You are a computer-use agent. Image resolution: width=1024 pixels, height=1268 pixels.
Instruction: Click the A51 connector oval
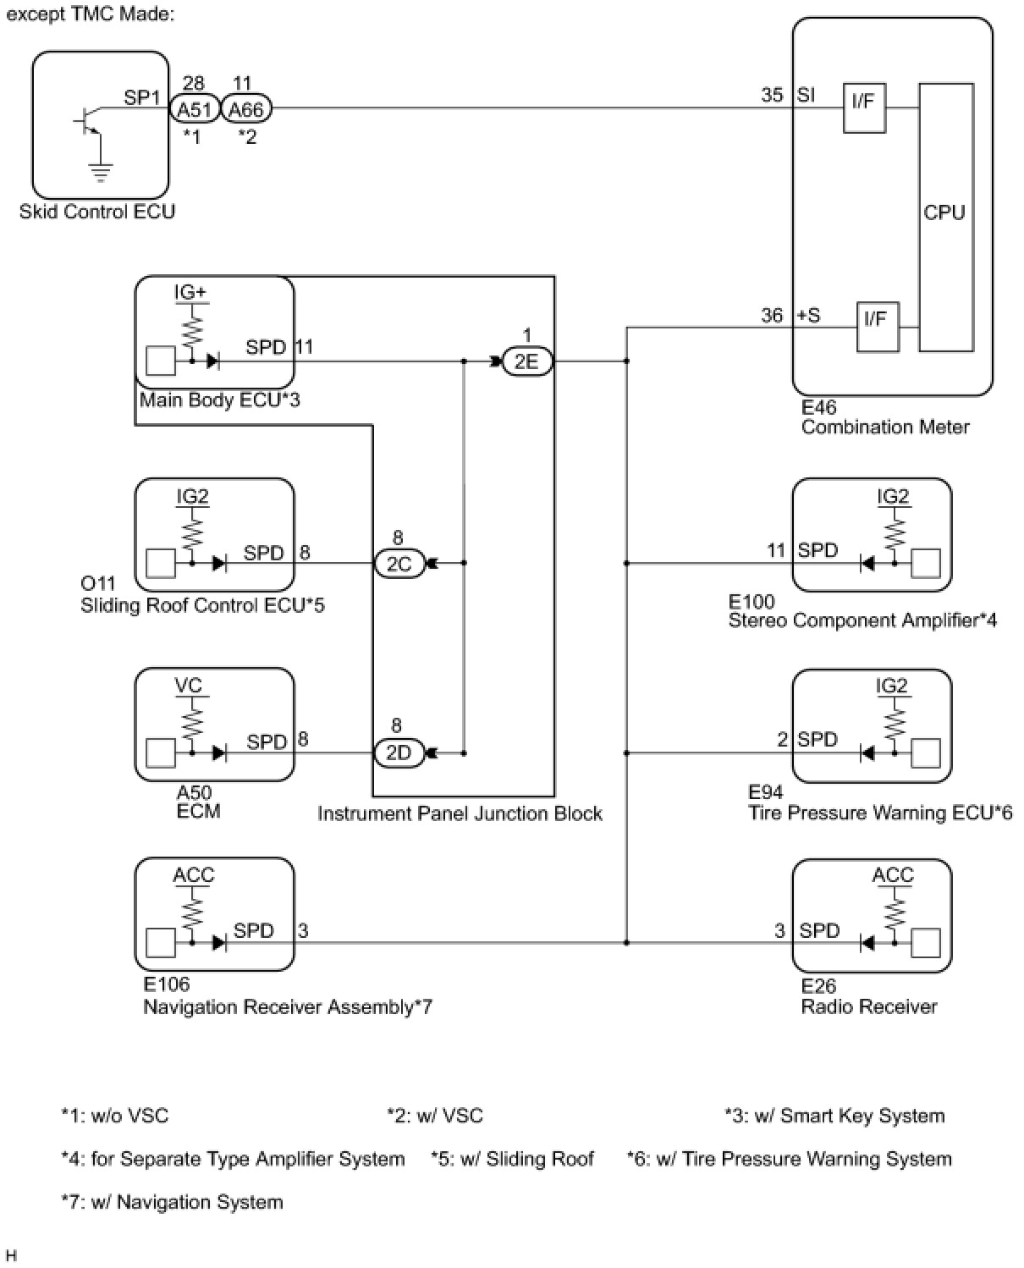(195, 109)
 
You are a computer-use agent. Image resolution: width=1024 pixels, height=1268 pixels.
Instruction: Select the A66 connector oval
(246, 109)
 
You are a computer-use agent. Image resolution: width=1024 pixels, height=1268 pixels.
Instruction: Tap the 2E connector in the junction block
(526, 361)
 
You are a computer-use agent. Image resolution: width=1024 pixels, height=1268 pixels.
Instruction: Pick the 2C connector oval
(399, 564)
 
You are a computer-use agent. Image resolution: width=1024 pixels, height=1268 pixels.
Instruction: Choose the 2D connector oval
(399, 753)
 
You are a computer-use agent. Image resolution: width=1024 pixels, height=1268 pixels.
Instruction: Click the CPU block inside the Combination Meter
(945, 217)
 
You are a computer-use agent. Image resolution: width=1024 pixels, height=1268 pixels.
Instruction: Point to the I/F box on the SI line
(864, 107)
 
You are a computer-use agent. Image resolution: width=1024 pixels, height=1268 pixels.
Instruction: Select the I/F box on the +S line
(877, 326)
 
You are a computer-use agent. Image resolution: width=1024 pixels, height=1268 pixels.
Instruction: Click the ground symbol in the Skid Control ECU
(101, 173)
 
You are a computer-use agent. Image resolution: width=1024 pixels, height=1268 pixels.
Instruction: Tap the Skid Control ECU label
(97, 212)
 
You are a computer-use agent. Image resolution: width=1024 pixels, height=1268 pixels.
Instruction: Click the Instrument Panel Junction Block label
(460, 813)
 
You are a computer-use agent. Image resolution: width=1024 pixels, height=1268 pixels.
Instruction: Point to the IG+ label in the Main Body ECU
(190, 293)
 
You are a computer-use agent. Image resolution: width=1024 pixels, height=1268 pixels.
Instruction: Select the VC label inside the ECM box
(190, 685)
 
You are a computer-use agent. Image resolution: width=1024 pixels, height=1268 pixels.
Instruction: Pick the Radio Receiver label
(869, 1006)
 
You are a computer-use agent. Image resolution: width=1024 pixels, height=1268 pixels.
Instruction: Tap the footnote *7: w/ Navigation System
(172, 1202)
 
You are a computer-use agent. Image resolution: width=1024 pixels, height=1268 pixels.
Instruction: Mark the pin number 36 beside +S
(772, 316)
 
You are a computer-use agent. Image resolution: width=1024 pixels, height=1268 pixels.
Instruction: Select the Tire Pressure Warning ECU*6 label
(880, 813)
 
